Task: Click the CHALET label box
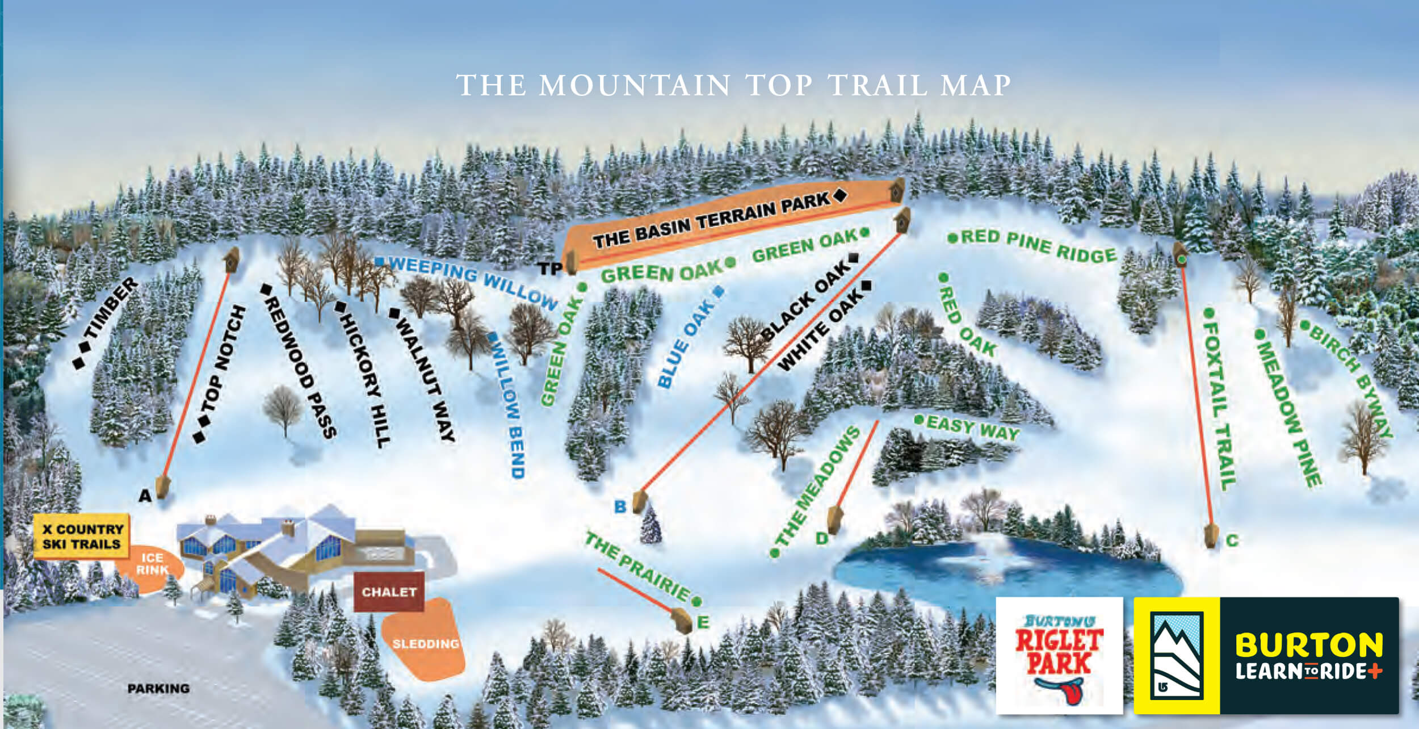click(389, 592)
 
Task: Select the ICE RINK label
click(152, 564)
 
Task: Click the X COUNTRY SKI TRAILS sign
click(82, 537)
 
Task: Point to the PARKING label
click(158, 688)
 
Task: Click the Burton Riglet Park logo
click(1059, 655)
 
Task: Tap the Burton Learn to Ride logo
click(1266, 655)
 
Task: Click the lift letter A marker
click(145, 496)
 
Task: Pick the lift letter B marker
click(620, 506)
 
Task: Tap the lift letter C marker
click(1232, 540)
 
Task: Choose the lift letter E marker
click(703, 622)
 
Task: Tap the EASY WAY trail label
click(971, 428)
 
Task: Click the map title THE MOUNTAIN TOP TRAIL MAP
click(733, 86)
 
